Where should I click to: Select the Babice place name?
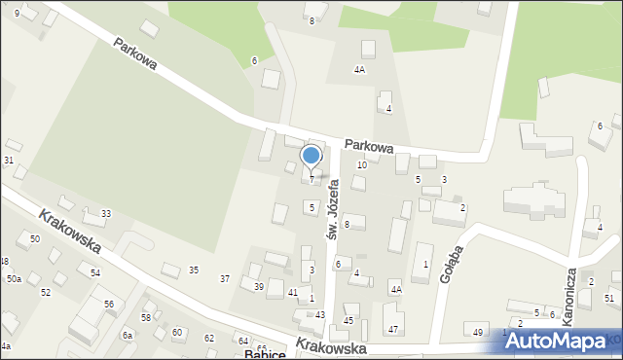pos(265,354)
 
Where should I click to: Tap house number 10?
pos(361,165)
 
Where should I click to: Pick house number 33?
pos(105,214)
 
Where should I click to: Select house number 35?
pos(194,270)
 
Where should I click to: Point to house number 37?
pos(225,279)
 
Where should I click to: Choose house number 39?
pos(258,286)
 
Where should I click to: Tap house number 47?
pos(393,330)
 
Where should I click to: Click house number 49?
pos(478,333)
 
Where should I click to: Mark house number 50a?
pos(14,279)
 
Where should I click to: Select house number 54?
pos(95,273)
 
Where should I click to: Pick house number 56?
pos(109,305)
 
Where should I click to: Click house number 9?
pos(17,13)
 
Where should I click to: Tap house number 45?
pos(348,321)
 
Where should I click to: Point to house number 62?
pos(209,338)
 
